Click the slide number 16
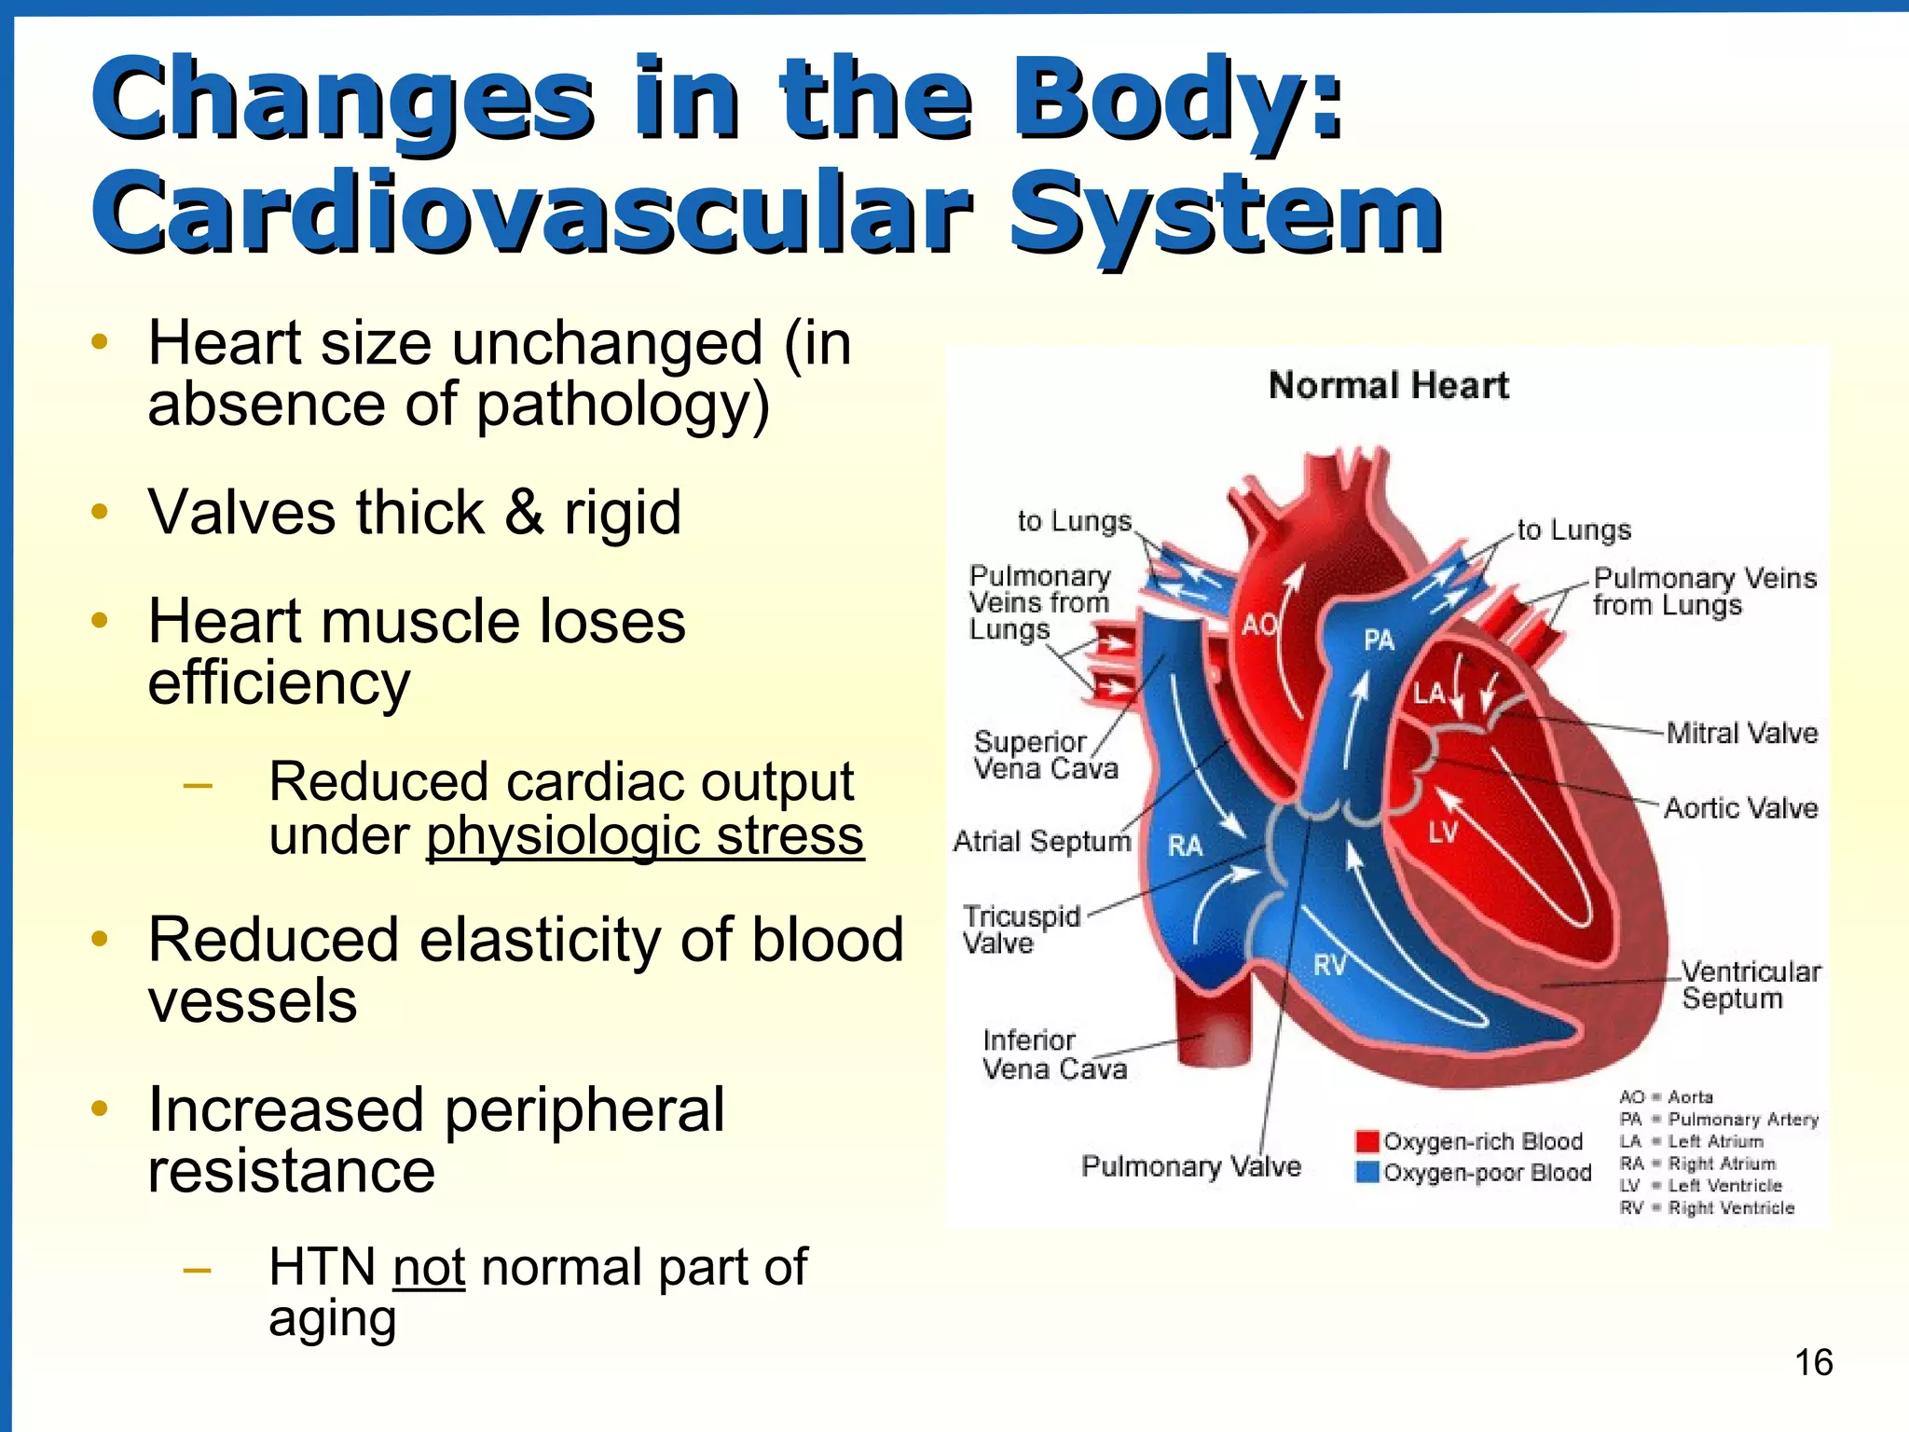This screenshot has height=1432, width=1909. [x=1813, y=1362]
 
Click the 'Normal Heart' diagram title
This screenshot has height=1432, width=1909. [x=1388, y=385]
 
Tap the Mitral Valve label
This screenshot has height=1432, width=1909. [x=1741, y=733]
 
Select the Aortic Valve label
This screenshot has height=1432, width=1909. [x=1740, y=807]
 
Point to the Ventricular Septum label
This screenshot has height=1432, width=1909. [x=1750, y=984]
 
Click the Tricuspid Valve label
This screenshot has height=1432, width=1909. [x=1021, y=929]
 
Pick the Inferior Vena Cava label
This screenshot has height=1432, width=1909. [x=1053, y=1053]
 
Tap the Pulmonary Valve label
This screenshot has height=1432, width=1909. [x=1190, y=1166]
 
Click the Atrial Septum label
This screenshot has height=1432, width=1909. [x=1041, y=841]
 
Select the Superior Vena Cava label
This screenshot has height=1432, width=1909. [x=1045, y=755]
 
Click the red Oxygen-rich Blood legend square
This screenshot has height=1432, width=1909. [x=1367, y=1141]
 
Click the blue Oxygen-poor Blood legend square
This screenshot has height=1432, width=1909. [x=1367, y=1172]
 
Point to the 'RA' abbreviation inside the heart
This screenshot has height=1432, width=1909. [x=1185, y=846]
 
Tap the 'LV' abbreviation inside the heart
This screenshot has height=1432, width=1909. [x=1442, y=832]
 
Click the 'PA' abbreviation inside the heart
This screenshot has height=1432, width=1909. [x=1379, y=640]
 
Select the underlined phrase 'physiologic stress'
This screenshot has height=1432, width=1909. [x=645, y=835]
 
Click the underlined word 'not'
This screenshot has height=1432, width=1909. [x=429, y=1267]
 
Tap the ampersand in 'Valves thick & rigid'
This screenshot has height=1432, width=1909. [x=524, y=513]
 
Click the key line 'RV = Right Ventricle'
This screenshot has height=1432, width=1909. [x=1706, y=1208]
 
